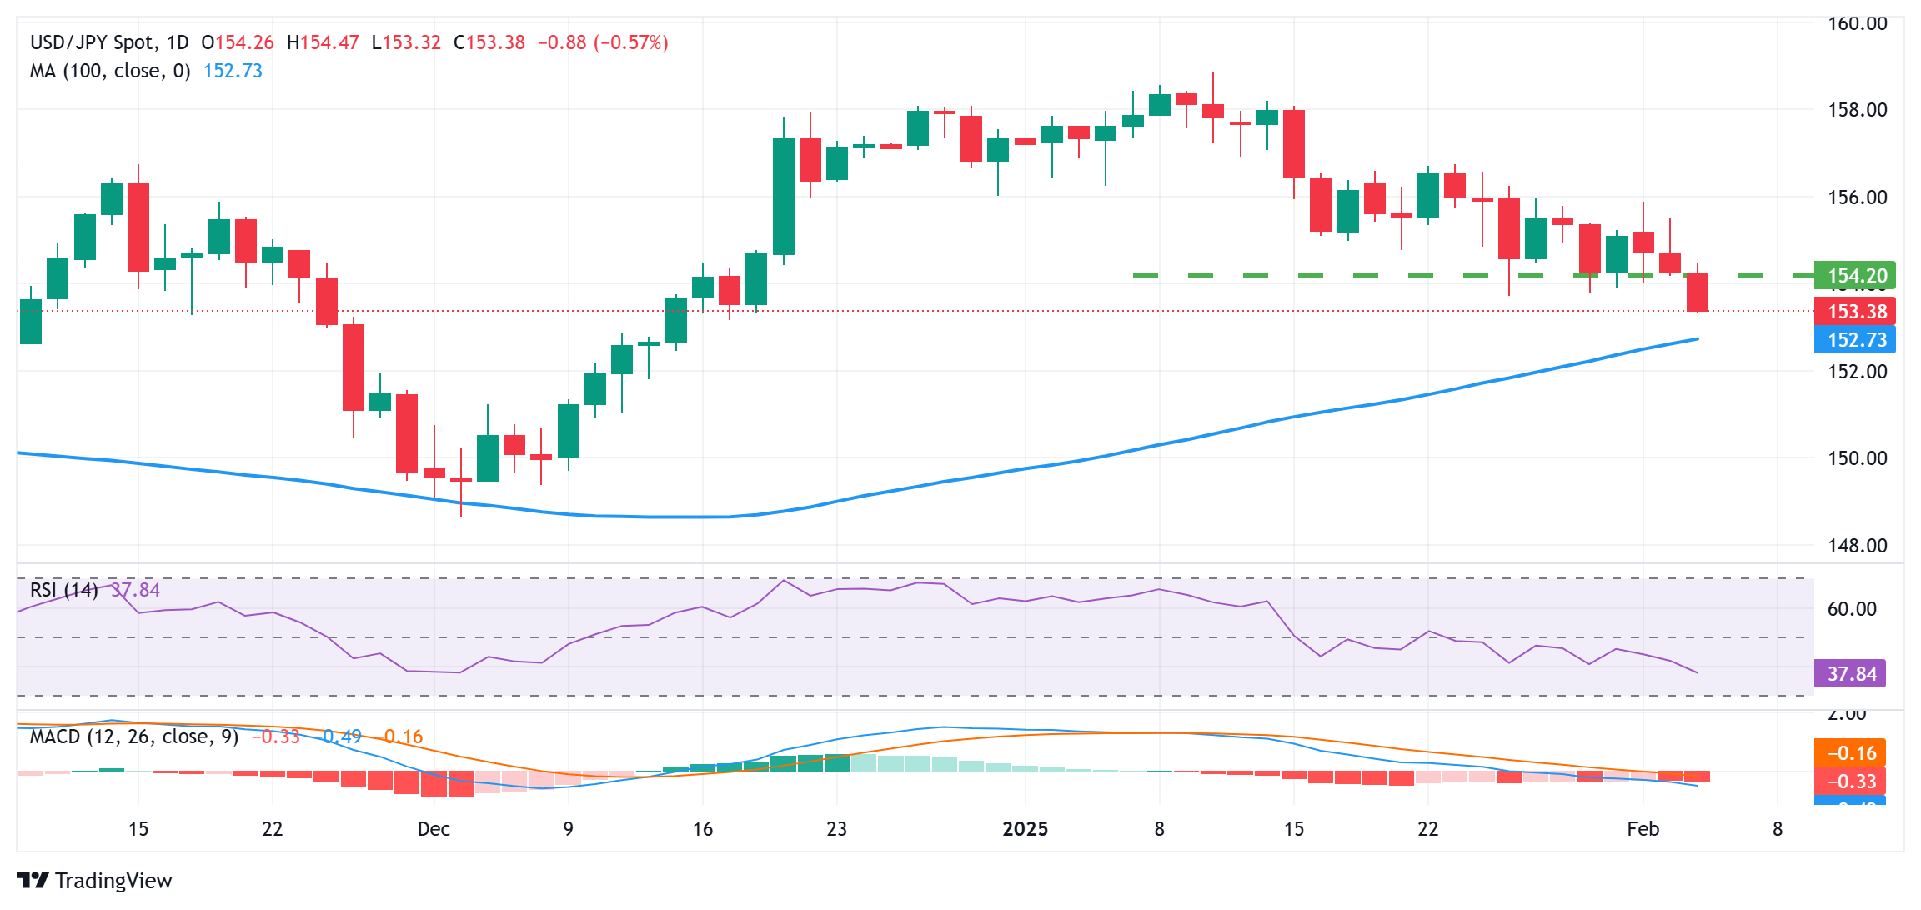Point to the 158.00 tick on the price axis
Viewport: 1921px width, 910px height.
point(1857,110)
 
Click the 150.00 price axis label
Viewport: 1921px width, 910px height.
point(1857,458)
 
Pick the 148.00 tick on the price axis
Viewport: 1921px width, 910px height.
point(1857,546)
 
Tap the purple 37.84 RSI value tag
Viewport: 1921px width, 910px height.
point(1850,674)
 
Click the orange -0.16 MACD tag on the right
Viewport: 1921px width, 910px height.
point(1850,753)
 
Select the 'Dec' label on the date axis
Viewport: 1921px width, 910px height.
point(434,829)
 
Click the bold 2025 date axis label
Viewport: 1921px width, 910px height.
point(1025,829)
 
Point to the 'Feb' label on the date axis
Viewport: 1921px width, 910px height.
point(1643,829)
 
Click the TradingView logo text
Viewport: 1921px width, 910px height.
point(113,881)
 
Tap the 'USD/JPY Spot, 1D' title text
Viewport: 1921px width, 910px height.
point(109,42)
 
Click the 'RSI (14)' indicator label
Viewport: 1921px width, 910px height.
point(64,590)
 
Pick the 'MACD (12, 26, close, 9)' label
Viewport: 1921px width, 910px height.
point(134,737)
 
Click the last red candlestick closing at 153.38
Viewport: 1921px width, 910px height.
point(1697,292)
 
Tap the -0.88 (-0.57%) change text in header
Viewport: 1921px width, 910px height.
point(603,42)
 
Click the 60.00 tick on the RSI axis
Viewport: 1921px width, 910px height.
point(1852,609)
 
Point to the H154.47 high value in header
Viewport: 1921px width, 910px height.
point(323,42)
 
